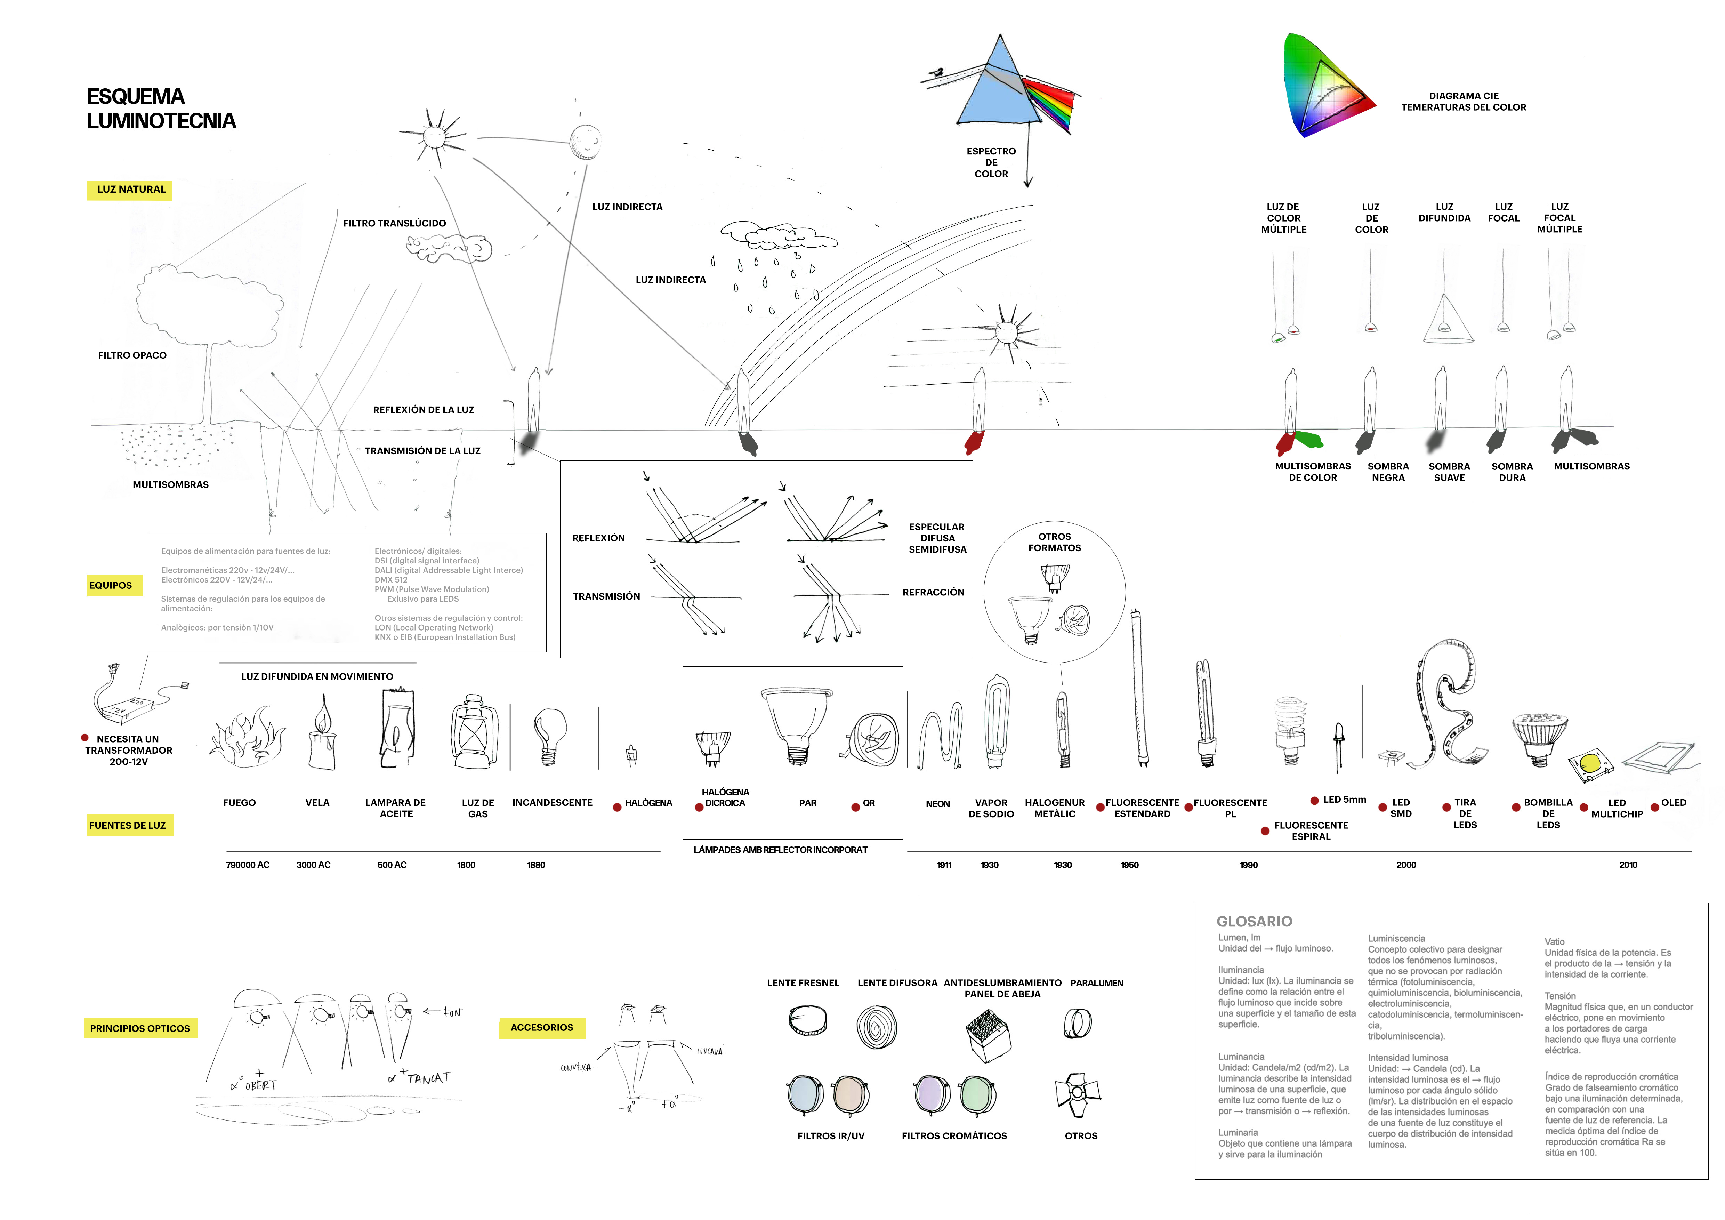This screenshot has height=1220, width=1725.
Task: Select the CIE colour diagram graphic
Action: [x=1326, y=86]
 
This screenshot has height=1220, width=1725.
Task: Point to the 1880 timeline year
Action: [x=536, y=865]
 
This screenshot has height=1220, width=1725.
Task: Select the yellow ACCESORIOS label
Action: [x=542, y=1028]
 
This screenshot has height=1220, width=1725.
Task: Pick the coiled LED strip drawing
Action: [x=1446, y=706]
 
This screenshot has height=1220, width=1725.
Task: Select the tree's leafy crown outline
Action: [x=209, y=304]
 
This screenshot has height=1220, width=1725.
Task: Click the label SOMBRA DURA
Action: [x=1512, y=472]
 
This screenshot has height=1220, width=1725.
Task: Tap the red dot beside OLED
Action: [x=1654, y=808]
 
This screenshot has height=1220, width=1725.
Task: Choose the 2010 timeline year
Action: [x=1628, y=865]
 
